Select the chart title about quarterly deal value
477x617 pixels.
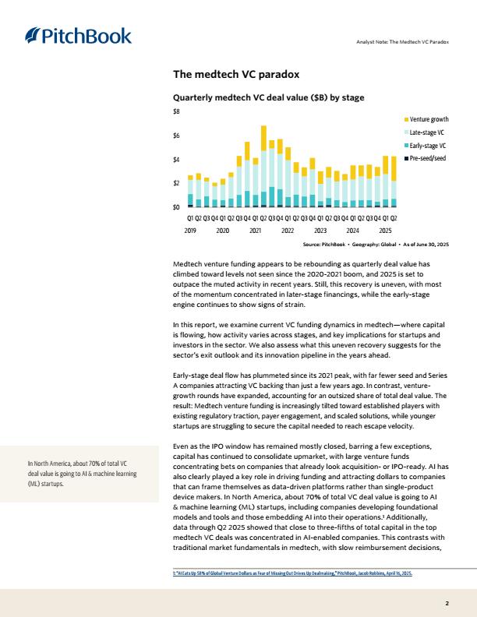(268, 98)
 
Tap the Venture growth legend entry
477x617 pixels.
(429, 119)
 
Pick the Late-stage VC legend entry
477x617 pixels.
(427, 132)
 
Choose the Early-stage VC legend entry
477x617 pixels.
(427, 146)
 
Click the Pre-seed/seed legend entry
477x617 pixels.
(427, 159)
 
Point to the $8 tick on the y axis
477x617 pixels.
(176, 112)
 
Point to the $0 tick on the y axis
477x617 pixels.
(176, 207)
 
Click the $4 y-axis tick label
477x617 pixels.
(176, 160)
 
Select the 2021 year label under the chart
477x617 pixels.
(255, 231)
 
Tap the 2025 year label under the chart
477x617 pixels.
(385, 231)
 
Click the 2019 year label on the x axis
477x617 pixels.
(190, 231)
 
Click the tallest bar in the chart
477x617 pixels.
(263, 165)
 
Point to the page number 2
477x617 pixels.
(447, 604)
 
